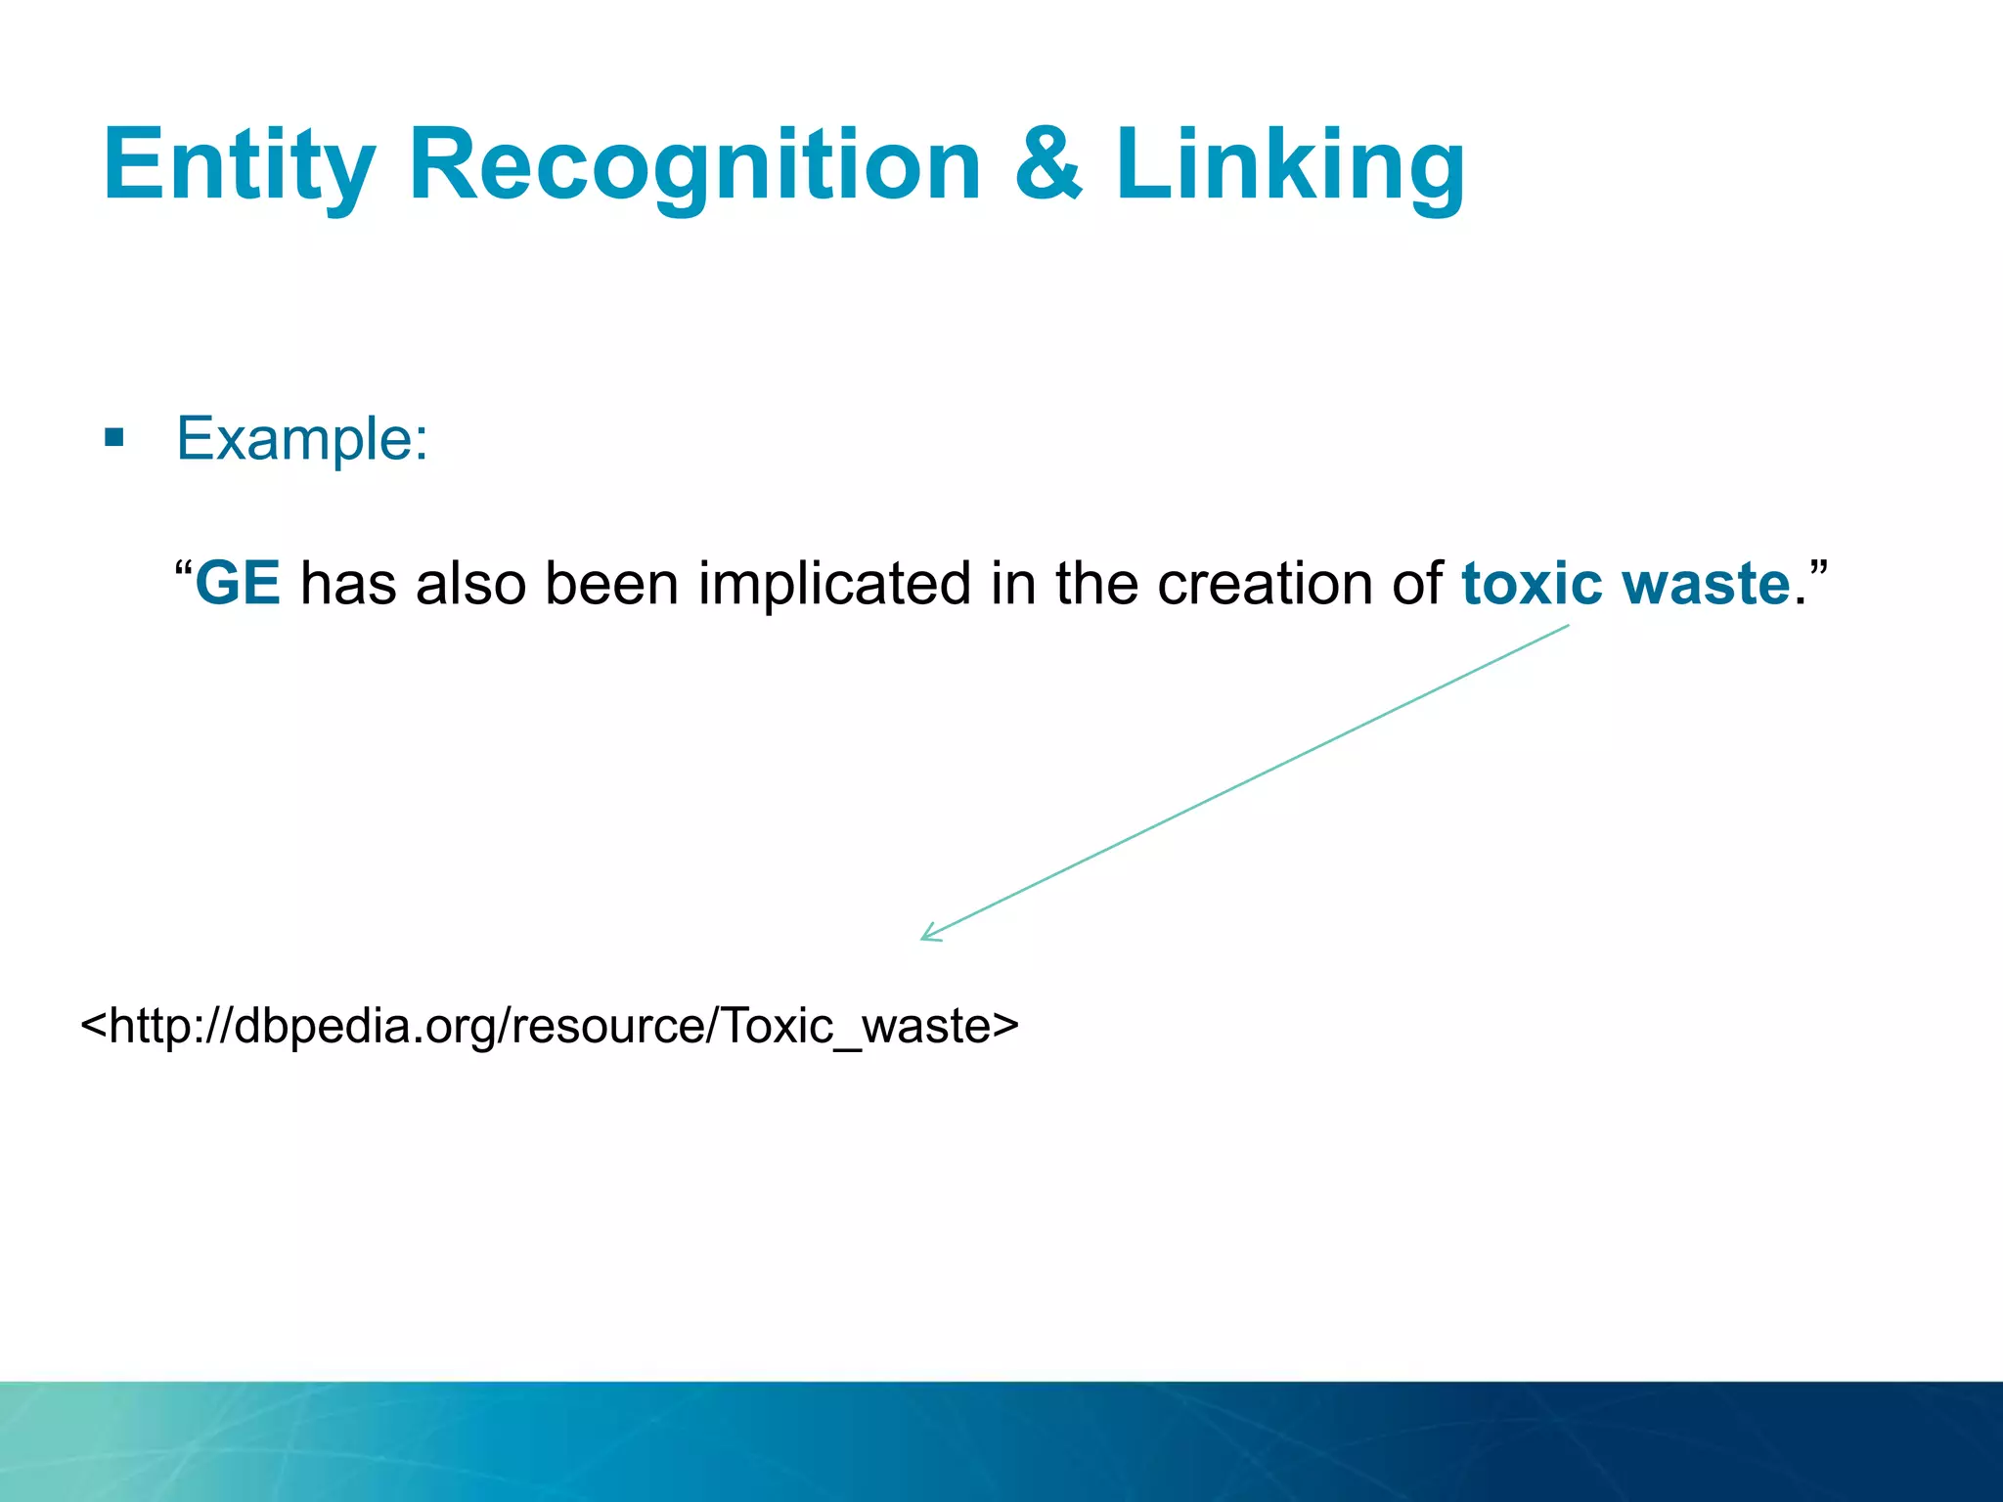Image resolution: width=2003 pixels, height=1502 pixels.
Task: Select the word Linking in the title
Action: point(1289,166)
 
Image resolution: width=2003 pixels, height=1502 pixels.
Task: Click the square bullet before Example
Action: point(114,437)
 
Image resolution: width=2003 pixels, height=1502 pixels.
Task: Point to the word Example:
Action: point(302,438)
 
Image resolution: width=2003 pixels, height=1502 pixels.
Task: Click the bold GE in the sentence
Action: point(238,584)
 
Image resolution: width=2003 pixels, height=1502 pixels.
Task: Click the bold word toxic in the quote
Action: point(1532,584)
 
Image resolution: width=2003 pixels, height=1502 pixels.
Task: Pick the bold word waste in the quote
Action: point(1706,584)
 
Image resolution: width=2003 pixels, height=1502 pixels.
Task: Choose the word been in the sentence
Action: point(612,584)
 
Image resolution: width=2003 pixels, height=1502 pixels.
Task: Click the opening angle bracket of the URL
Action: point(93,1025)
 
